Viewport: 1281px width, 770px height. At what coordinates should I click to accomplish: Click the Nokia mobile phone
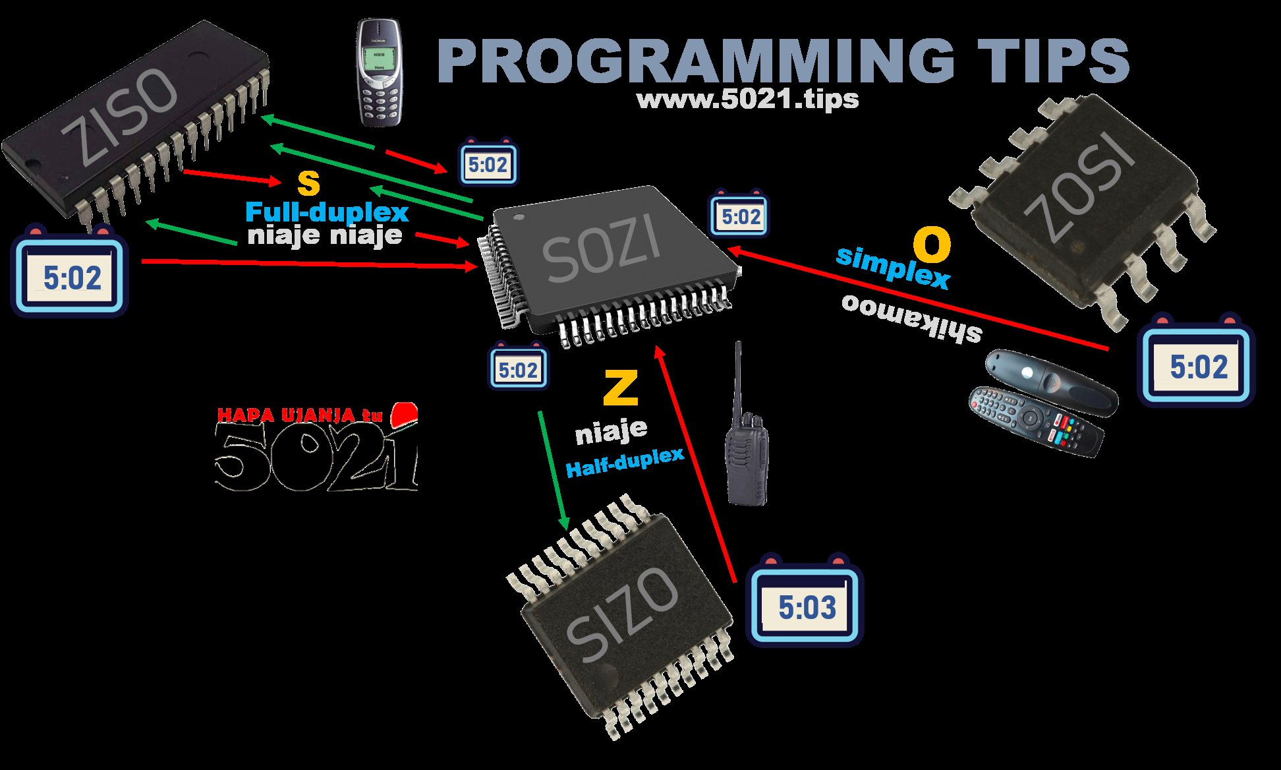click(378, 73)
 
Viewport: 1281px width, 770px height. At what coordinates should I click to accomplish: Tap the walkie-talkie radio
click(746, 448)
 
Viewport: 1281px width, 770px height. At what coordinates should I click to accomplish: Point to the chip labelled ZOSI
click(1081, 198)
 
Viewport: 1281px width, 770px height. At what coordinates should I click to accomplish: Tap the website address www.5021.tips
click(747, 100)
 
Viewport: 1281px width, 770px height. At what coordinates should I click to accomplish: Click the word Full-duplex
click(326, 212)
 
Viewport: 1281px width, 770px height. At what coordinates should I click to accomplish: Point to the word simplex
click(893, 267)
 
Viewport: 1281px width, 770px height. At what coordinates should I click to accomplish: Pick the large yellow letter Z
click(620, 388)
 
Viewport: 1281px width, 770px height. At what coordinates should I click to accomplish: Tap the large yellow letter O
click(932, 245)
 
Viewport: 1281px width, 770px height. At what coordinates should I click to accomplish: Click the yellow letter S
click(308, 183)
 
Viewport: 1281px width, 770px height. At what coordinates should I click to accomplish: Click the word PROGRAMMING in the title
click(695, 61)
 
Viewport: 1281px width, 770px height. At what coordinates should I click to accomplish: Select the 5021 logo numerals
click(316, 455)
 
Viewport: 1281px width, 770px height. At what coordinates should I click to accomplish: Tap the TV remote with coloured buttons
click(1035, 422)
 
